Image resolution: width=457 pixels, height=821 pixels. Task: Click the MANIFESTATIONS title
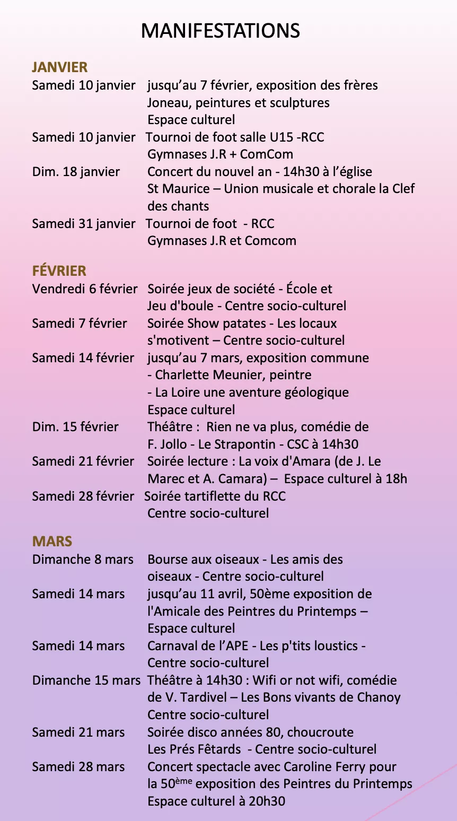[220, 31]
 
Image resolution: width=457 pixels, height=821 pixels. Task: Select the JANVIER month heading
[59, 67]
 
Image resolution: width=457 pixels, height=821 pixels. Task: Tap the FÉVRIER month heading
[59, 271]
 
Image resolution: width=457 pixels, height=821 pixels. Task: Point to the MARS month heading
[52, 541]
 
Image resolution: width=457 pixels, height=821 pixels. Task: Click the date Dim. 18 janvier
[76, 172]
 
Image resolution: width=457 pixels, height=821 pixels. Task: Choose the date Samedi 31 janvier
[83, 224]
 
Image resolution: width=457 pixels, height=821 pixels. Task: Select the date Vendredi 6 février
[85, 289]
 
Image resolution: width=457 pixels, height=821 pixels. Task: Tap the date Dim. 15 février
[75, 427]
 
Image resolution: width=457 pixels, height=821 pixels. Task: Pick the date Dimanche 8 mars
[83, 560]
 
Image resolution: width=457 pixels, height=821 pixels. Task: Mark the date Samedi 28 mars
[78, 767]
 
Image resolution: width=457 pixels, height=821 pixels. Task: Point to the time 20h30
[267, 801]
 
